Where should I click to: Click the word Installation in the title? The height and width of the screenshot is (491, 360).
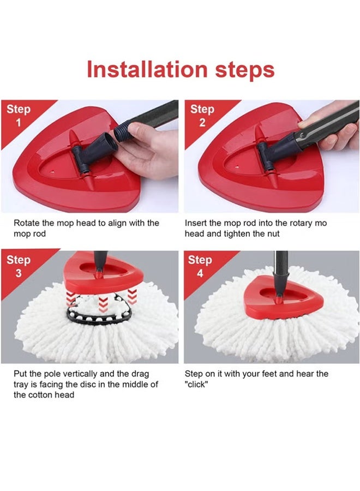147,69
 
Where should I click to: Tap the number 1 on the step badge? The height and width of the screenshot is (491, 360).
19,122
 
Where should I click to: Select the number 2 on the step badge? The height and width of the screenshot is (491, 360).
202,122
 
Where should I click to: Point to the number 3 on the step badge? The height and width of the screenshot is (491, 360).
19,273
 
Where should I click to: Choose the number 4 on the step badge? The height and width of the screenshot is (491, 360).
200,273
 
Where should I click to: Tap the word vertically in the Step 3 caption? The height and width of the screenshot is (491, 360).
80,374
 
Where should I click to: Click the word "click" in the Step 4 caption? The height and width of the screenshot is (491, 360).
196,384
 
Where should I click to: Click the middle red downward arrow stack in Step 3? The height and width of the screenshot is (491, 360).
103,304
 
